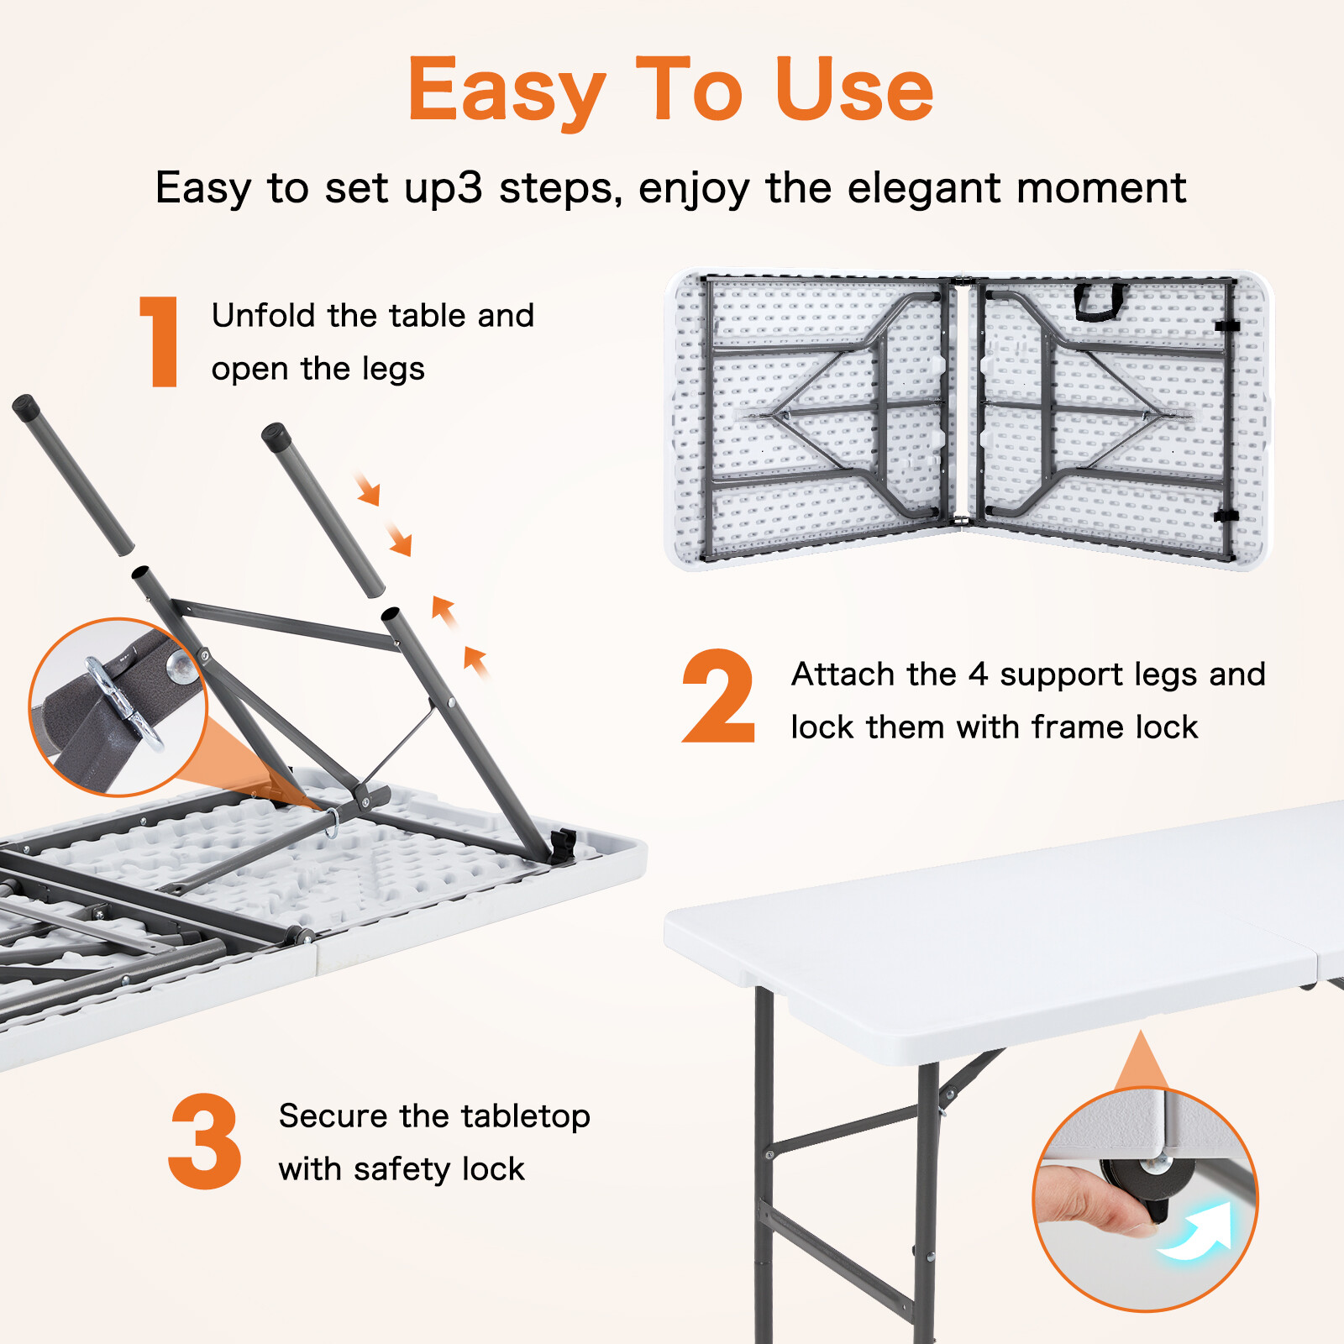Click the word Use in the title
(853, 90)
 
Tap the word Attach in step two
(843, 675)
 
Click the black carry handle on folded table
(1100, 302)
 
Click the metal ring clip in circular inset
(126, 701)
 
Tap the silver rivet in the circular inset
(181, 667)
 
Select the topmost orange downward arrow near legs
(368, 490)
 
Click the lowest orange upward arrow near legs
(475, 661)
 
